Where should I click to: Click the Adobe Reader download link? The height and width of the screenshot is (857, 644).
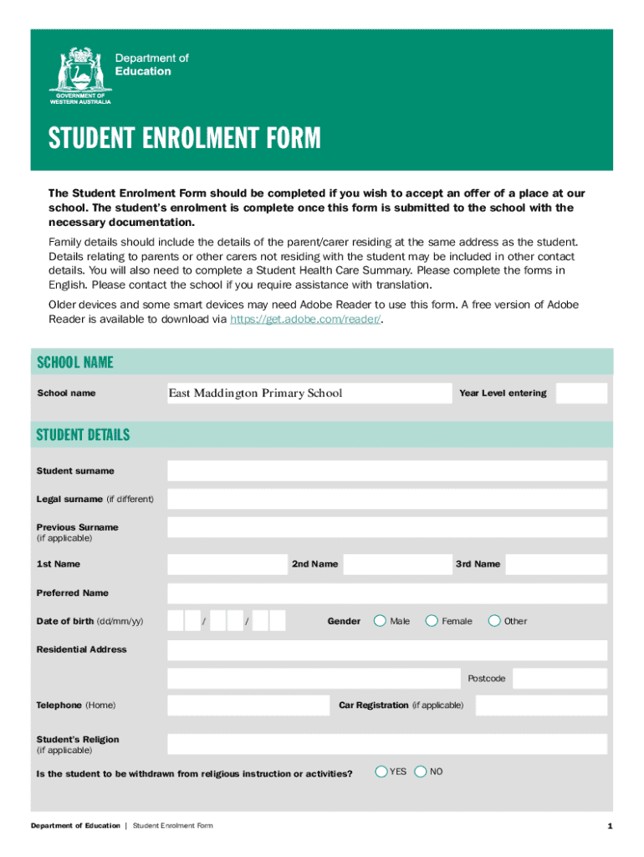(305, 320)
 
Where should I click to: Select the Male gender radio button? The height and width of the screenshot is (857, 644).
(380, 621)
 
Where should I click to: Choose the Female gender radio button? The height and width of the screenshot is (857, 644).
(432, 621)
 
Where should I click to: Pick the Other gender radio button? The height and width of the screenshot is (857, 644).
(494, 621)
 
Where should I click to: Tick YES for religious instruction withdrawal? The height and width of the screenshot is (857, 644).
(381, 772)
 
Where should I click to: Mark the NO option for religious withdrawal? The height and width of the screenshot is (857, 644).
(421, 772)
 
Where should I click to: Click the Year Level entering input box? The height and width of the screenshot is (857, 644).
(581, 393)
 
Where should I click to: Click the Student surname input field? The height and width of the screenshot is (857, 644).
(386, 471)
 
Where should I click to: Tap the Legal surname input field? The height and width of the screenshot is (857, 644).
(386, 500)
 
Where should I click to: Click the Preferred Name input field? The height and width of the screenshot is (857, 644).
(386, 593)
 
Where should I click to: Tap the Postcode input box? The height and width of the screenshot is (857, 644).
(560, 678)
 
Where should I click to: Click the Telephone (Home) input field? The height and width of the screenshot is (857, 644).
(248, 706)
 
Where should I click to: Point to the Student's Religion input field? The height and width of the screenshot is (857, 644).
(386, 744)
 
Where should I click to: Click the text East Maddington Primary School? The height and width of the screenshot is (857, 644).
(255, 393)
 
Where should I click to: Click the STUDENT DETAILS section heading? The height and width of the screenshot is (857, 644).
(83, 435)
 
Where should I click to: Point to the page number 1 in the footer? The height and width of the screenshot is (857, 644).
(611, 827)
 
